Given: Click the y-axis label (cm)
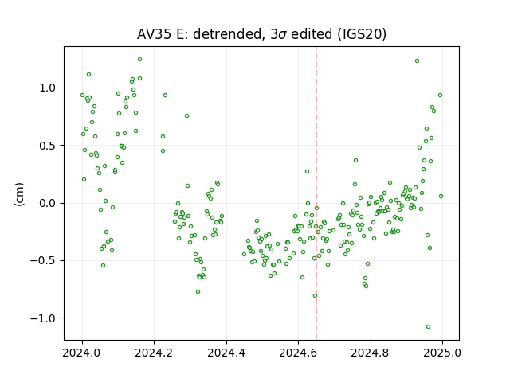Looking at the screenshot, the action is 19,194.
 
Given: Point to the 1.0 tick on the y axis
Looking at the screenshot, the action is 48,88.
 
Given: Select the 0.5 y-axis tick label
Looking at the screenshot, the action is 48,146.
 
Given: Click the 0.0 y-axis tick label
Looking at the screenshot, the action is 48,204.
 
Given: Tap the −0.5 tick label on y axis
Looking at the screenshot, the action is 43,261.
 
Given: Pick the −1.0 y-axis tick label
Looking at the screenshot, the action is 43,318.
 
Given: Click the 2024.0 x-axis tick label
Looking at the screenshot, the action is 82,353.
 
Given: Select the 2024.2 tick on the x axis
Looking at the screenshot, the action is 154,353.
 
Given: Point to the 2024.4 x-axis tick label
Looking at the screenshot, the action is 226,353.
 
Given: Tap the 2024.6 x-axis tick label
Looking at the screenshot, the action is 298,353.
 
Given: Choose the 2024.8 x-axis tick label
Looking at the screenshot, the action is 370,353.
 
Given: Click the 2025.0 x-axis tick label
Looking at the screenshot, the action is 442,353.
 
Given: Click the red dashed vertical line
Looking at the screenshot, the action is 316,193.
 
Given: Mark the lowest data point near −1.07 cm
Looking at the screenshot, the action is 428,326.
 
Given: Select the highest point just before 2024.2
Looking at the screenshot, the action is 139,59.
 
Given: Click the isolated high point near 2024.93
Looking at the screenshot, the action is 417,60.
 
